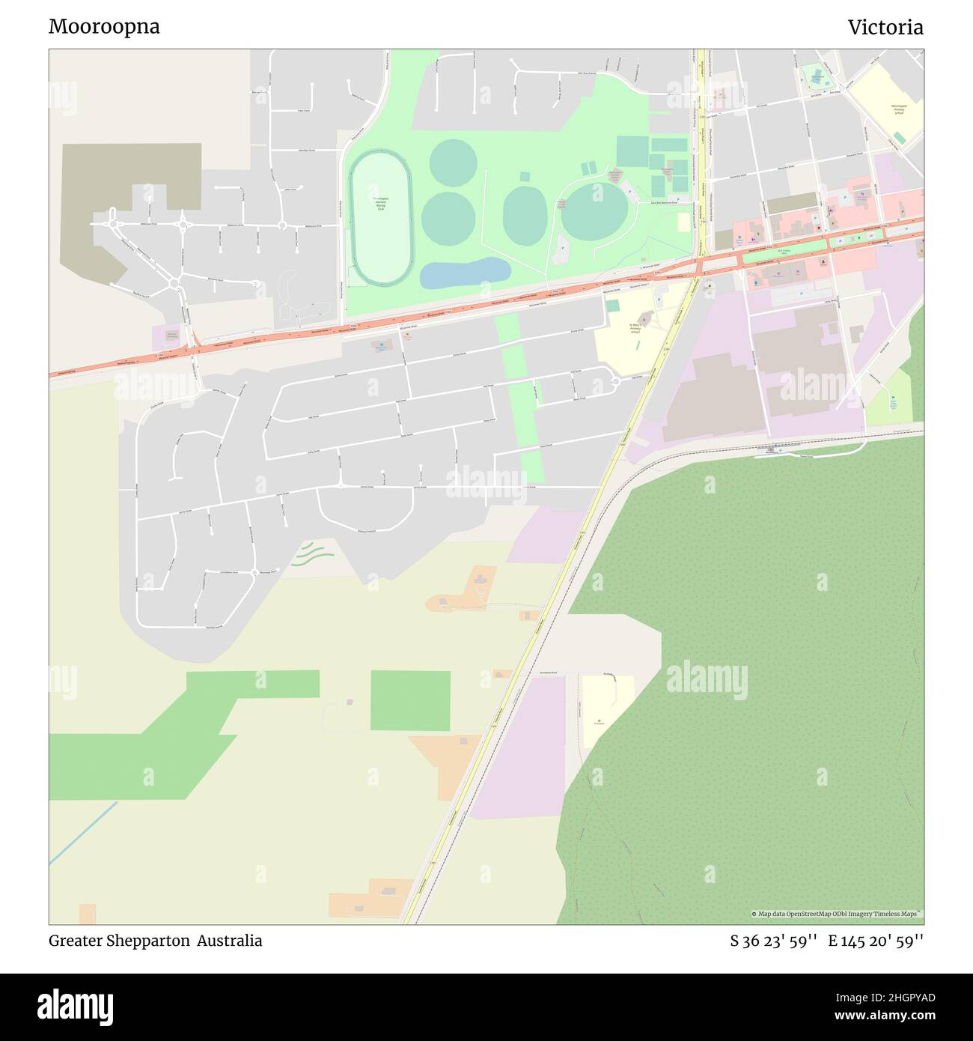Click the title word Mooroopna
coord(104,27)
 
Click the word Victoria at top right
coord(885,28)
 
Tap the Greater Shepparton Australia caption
coord(155,941)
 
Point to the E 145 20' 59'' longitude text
coord(875,941)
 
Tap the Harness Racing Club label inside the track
coord(380,203)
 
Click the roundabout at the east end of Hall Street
coord(615,382)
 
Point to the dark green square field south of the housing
coord(410,700)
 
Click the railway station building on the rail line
coord(771,450)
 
